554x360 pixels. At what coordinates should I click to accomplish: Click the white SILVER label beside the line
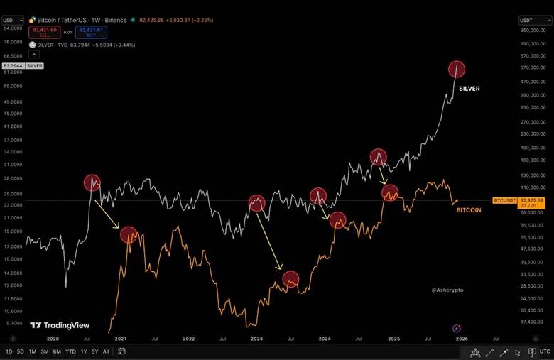(469, 89)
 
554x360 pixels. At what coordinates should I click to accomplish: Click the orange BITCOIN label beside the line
(468, 210)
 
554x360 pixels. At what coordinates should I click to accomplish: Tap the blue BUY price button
(92, 31)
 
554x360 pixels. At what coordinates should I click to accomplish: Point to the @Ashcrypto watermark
(447, 290)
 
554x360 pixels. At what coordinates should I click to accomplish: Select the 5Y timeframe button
(94, 351)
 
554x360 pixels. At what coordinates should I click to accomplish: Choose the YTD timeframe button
(70, 351)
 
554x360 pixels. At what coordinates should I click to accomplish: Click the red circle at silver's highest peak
(457, 69)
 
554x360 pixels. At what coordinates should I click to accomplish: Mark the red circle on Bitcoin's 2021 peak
(129, 234)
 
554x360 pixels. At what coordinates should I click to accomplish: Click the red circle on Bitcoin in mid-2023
(291, 279)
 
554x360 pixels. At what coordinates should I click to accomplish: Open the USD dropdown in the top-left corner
(12, 21)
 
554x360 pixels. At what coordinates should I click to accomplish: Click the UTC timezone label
(544, 351)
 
